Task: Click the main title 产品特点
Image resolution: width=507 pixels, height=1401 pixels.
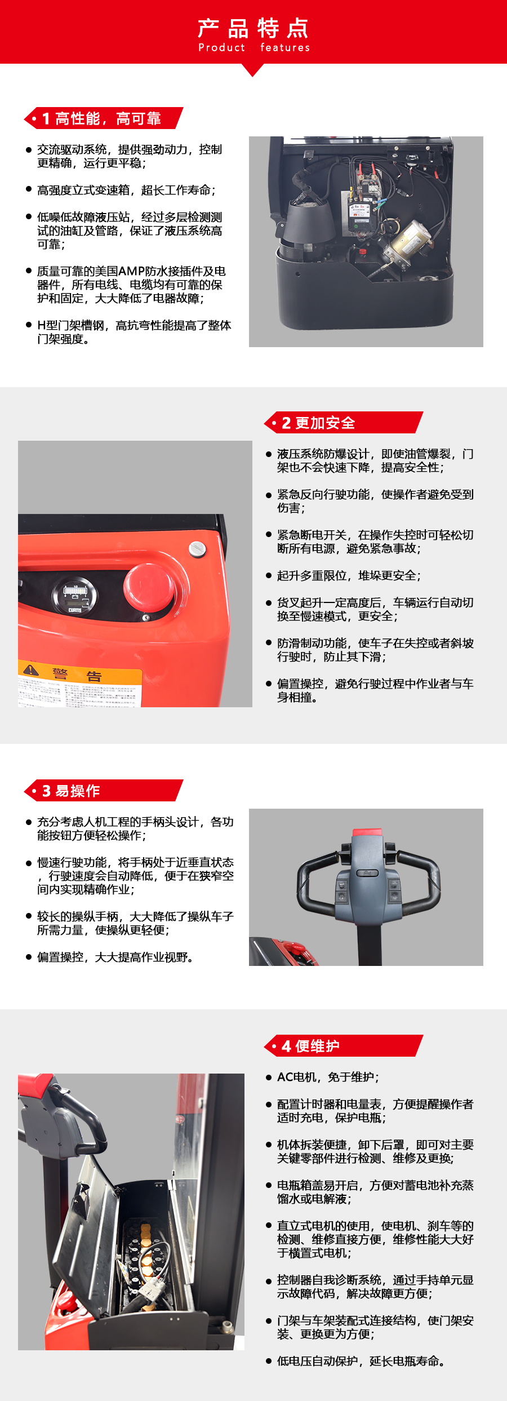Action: pyautogui.click(x=253, y=28)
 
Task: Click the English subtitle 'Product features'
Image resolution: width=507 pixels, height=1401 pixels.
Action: pyautogui.click(x=253, y=48)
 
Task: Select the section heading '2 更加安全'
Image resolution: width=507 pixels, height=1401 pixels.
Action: pyautogui.click(x=319, y=423)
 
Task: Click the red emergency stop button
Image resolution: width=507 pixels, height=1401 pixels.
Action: pyautogui.click(x=148, y=587)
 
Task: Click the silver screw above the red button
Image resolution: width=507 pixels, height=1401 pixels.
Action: pyautogui.click(x=197, y=548)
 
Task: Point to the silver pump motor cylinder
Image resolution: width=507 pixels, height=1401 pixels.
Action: pyautogui.click(x=408, y=237)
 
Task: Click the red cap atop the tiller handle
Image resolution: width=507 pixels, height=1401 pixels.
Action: pyautogui.click(x=367, y=832)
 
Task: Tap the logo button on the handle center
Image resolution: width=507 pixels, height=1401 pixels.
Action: pyautogui.click(x=367, y=873)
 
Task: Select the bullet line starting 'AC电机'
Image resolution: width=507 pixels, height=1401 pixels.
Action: pyautogui.click(x=328, y=1077)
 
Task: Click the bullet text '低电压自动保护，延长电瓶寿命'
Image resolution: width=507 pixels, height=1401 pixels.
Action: pyautogui.click(x=361, y=1361)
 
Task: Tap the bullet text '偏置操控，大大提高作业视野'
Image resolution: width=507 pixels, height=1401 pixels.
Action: pyautogui.click(x=115, y=957)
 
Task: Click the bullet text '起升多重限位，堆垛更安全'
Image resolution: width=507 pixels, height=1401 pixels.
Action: pyautogui.click(x=348, y=575)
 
